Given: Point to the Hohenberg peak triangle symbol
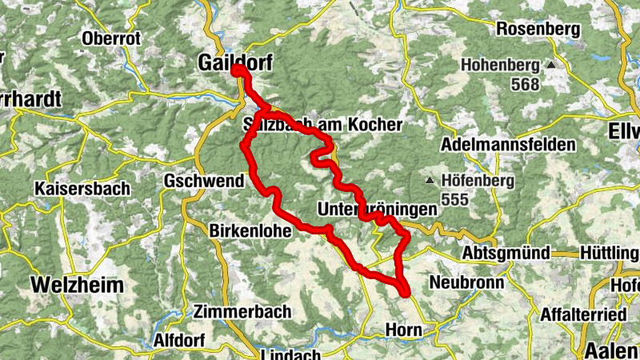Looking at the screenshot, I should (551, 64).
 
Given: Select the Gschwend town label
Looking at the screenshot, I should (203, 181).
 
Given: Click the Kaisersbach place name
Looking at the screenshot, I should (78, 189).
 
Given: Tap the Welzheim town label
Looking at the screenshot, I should (78, 284).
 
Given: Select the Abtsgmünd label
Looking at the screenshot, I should (506, 253).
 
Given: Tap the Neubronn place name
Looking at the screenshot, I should (467, 282).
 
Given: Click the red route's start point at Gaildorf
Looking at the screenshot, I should (238, 70).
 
